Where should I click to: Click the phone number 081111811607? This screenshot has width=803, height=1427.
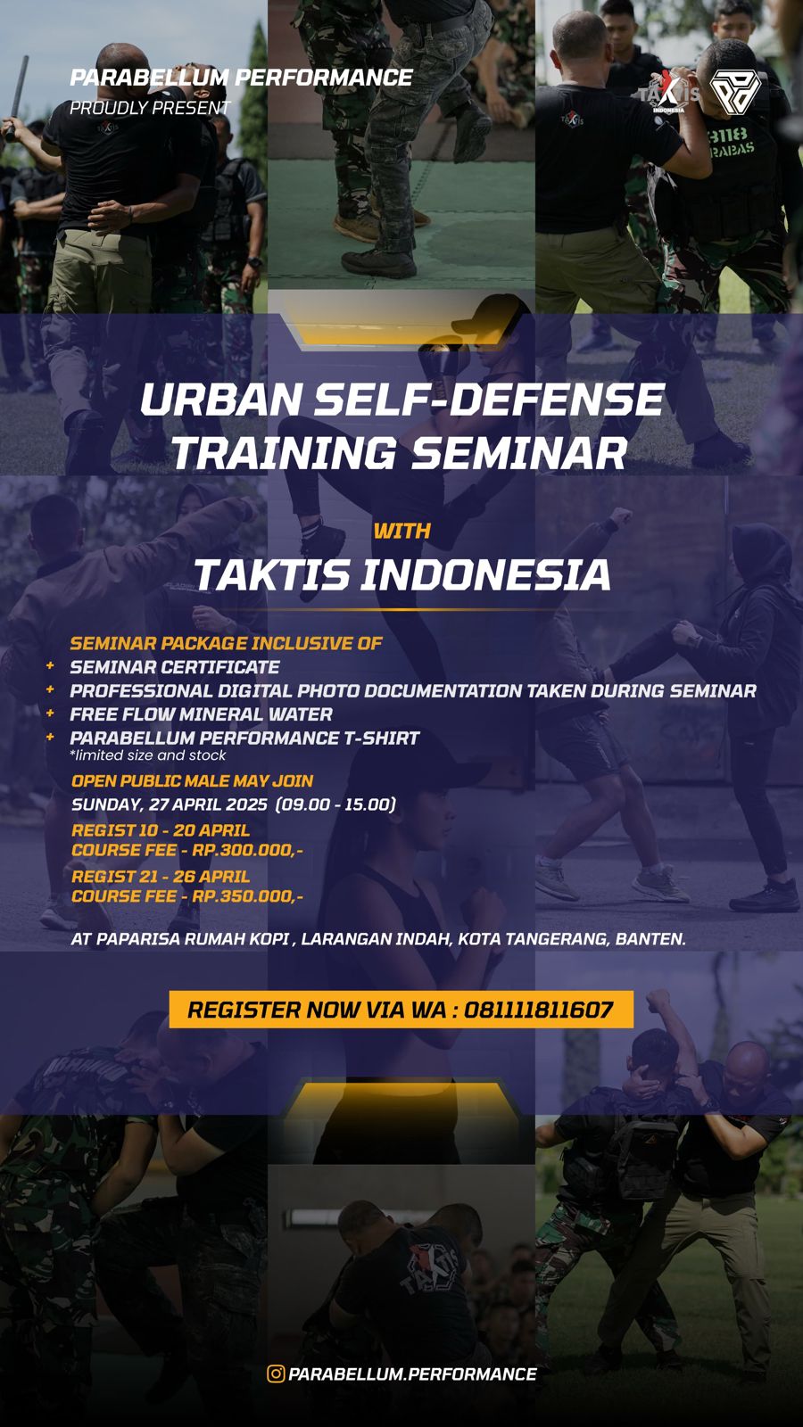pos(539,1010)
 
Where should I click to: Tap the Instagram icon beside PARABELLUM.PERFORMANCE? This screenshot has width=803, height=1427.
pos(276,1373)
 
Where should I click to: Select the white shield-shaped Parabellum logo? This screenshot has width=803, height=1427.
pos(734,93)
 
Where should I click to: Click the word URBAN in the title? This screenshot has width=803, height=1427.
pos(219,400)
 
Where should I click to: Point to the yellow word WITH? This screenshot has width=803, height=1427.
pos(401,531)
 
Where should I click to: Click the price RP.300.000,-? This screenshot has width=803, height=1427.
pos(247,850)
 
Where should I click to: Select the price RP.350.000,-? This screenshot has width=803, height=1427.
pos(247,896)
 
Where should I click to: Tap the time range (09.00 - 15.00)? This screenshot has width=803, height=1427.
pos(335,804)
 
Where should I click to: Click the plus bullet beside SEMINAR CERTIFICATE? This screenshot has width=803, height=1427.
pos(50,666)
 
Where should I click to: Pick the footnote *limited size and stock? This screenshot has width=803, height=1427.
pos(147,755)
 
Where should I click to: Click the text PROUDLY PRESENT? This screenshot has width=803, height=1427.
pos(150,108)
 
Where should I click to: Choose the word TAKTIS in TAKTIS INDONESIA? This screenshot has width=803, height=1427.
pos(271,574)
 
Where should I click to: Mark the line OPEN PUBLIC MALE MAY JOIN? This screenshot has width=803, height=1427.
pos(192,780)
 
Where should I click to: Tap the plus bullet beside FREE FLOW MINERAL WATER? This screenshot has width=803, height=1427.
pos(50,713)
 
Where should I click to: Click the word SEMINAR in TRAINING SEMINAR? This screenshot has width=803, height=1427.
pos(518,452)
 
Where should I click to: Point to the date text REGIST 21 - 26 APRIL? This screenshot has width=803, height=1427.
pos(161,876)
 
